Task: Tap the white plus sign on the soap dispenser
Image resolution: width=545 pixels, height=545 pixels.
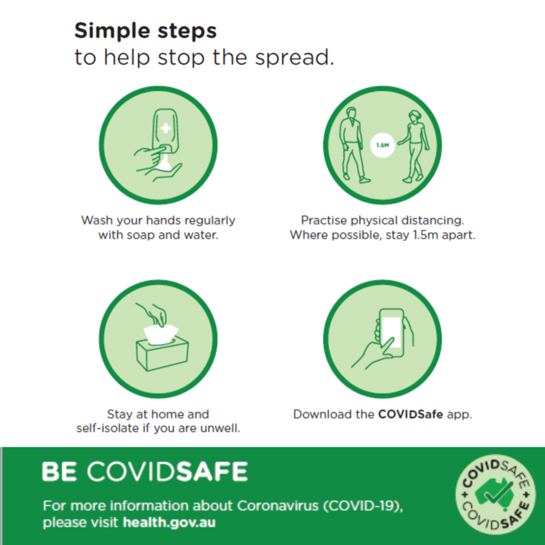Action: pos(166,128)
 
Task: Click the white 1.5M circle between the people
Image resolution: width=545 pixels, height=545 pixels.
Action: pos(382,145)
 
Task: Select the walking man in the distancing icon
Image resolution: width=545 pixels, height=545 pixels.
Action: pos(354,145)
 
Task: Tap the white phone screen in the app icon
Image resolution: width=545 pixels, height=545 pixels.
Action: pos(392,332)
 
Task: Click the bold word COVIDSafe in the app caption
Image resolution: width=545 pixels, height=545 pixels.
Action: pos(410,414)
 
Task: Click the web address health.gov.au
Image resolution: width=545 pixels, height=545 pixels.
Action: pos(169,523)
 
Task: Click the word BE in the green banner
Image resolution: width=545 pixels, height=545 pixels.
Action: pos(59,472)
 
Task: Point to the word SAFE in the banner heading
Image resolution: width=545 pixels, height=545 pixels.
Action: pos(212,472)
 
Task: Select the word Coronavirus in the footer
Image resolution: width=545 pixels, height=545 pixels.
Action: pos(278,506)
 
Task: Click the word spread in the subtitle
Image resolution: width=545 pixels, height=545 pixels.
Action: pos(295,57)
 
